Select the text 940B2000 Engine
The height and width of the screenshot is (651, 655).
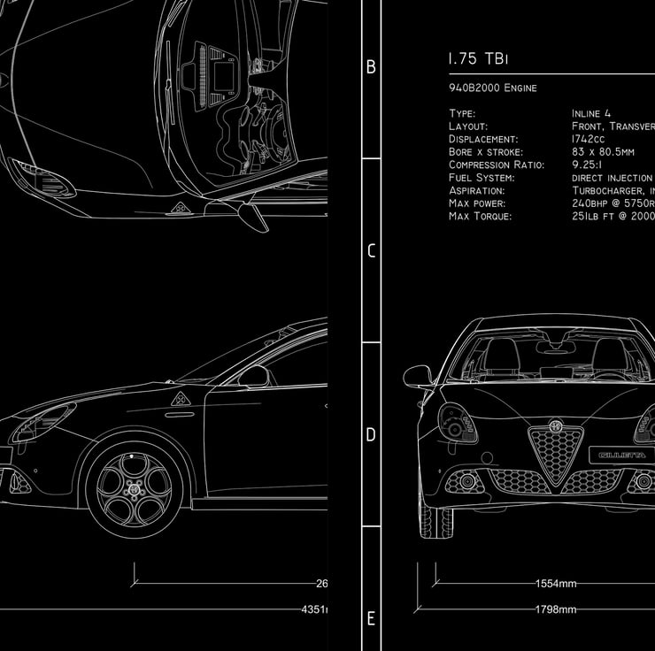coord(492,88)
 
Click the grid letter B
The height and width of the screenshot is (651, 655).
coord(371,67)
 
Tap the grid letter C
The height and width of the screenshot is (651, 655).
coord(371,250)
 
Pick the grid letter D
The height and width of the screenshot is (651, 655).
coord(371,434)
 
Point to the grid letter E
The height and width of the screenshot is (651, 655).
coord(371,618)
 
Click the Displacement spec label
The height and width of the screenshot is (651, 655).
coord(483,139)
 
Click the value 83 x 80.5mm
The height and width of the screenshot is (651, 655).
coord(605,152)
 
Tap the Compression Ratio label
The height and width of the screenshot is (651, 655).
coord(497,165)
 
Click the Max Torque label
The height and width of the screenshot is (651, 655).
coord(480,216)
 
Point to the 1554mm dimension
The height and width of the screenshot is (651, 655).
coord(556,584)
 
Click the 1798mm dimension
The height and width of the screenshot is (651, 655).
coord(556,609)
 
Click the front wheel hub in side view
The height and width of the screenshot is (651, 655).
coord(135,489)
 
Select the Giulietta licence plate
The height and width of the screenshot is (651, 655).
coord(621,455)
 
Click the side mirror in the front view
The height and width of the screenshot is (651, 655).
coord(418,377)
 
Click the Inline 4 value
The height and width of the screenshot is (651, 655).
coord(591,113)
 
